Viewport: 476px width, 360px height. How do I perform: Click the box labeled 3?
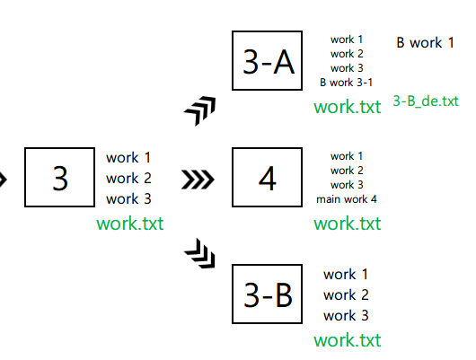[60, 178]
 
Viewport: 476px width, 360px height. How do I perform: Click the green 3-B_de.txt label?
[426, 101]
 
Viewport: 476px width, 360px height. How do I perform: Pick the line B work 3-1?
[347, 82]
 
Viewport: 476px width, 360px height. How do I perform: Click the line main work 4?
[347, 198]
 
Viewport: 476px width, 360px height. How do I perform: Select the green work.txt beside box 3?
[129, 222]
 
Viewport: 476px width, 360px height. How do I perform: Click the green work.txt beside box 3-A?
[347, 107]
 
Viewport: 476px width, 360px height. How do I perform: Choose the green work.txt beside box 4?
[347, 223]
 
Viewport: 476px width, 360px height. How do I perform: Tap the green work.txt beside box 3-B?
[347, 340]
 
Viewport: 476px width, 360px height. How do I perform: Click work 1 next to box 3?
[128, 158]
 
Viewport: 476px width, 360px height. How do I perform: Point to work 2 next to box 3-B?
[346, 295]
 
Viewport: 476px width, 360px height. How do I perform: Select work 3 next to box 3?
[128, 198]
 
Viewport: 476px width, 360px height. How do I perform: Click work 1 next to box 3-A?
[347, 40]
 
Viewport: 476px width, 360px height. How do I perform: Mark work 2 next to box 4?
[347, 171]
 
